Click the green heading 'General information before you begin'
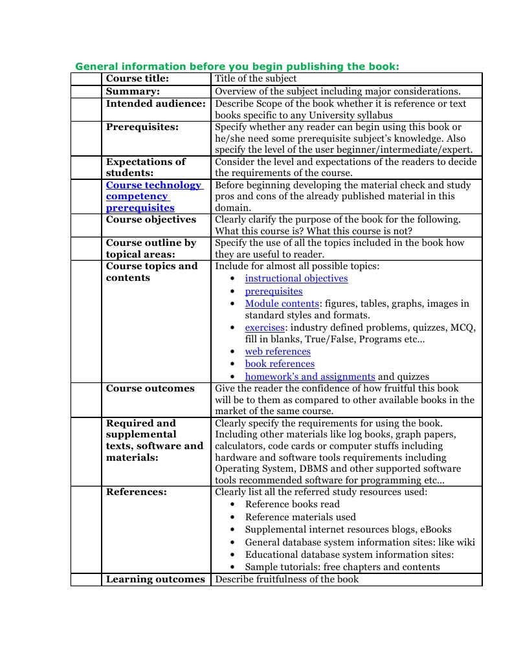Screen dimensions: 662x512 coord(237,66)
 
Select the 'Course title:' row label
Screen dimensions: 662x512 coord(137,79)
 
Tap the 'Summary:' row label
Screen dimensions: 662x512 coord(133,91)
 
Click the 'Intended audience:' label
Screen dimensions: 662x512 coord(155,104)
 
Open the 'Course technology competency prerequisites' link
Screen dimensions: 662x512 coord(153,196)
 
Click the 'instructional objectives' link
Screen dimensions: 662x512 coord(296,278)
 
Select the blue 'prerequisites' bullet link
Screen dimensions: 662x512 coord(273,291)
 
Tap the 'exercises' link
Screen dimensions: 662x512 coord(264,327)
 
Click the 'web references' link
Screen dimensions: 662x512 coord(277,351)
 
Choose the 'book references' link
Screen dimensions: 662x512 coord(279,364)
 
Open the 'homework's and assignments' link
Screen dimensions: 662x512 coord(309,377)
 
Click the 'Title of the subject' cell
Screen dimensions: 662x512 coord(256,79)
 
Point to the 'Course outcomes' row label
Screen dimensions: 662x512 coord(150,388)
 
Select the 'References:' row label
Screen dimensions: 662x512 coord(136,492)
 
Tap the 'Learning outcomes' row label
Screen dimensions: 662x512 coord(155,579)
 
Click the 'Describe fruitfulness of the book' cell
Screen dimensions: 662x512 coord(286,579)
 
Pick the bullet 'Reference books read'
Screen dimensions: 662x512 coord(292,504)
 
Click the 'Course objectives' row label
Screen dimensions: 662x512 coord(150,219)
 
